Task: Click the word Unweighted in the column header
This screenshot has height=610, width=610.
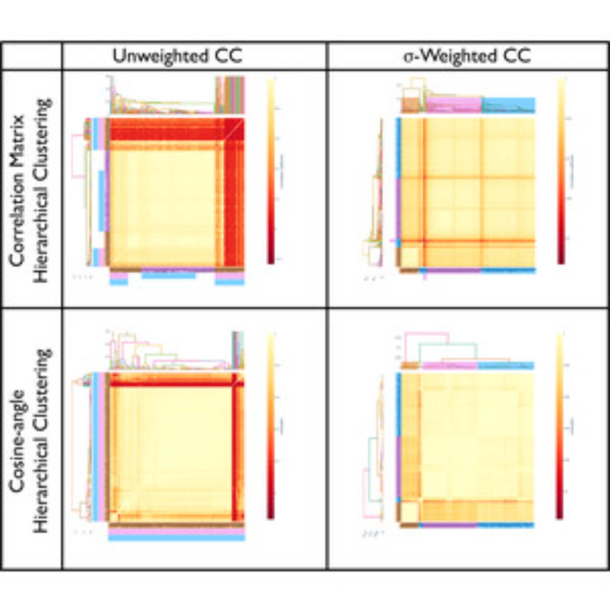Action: [160, 56]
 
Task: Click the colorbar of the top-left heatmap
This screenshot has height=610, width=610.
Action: [271, 170]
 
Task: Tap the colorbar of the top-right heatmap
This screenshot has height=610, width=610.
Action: [561, 170]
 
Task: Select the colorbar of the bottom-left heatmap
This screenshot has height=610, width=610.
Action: [271, 426]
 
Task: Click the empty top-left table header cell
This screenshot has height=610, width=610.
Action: [32, 56]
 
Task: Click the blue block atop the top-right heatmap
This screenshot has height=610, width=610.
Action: [508, 105]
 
